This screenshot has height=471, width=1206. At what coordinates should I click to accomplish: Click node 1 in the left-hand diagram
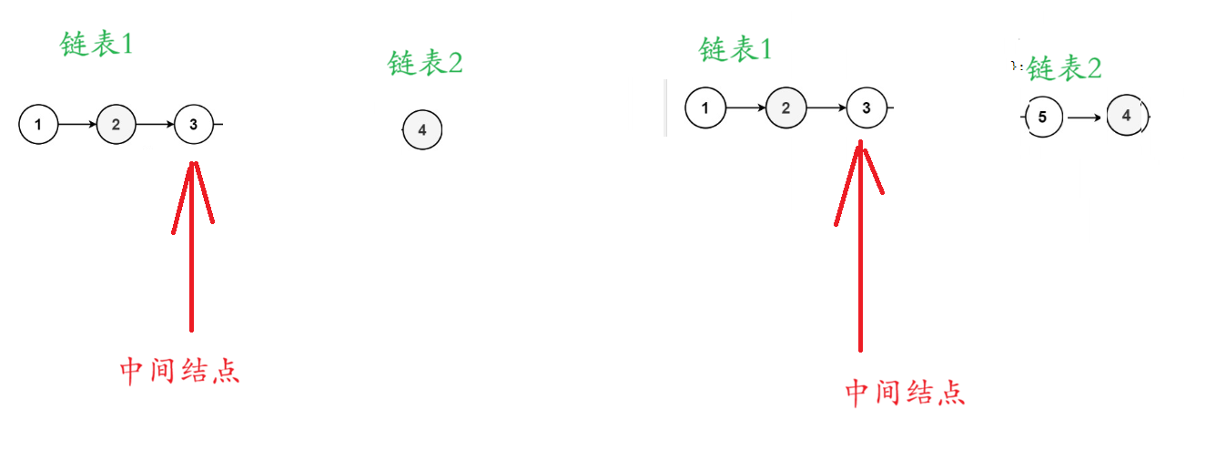[37, 124]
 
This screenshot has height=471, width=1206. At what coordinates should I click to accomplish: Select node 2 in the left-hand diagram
[116, 124]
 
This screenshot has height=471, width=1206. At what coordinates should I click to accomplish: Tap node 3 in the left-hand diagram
[193, 124]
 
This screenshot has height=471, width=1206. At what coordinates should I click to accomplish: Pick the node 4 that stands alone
[421, 130]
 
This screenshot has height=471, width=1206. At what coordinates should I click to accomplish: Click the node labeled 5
[1043, 118]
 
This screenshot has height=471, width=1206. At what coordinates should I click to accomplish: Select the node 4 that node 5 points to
[1126, 116]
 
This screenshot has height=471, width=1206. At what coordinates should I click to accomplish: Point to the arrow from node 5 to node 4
[1085, 118]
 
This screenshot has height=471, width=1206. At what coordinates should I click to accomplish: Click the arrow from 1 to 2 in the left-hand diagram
[76, 124]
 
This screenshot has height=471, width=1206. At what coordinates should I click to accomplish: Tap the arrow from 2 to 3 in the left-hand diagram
[155, 124]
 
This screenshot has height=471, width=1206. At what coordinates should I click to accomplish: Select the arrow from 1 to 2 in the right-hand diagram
[745, 108]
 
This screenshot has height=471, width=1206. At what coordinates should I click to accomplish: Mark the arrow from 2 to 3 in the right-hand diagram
[826, 108]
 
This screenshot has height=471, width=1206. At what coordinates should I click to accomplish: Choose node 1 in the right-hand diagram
[704, 108]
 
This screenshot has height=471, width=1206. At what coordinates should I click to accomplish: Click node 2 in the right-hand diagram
[785, 108]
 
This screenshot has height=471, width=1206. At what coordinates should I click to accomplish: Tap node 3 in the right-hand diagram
[866, 108]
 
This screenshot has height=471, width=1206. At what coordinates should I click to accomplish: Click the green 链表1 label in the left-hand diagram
[96, 44]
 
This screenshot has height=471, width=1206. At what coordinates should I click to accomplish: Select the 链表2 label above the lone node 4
[425, 63]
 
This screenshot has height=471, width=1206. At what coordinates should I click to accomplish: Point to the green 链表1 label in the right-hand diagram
[735, 49]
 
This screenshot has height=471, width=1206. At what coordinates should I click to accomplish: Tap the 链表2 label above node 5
[1065, 68]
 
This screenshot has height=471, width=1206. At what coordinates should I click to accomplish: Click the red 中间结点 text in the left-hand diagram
[180, 371]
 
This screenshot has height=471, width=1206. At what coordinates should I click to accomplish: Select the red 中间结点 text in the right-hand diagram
[905, 393]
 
